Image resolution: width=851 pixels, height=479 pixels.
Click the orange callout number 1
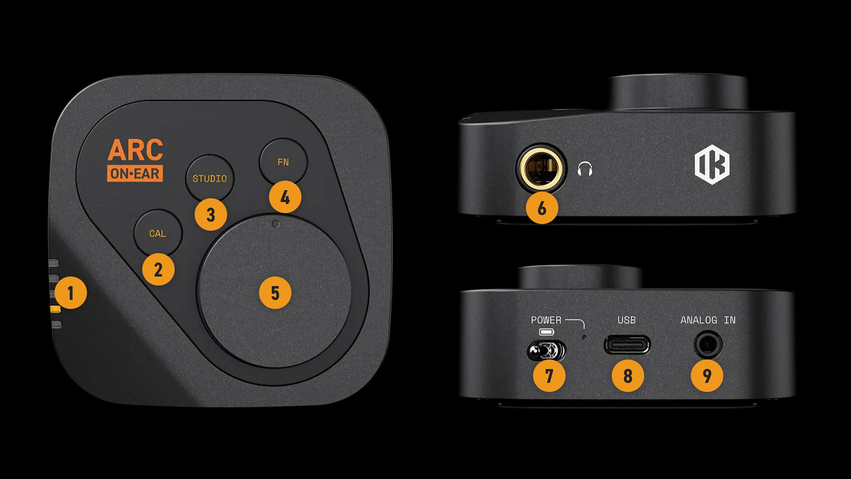(x=70, y=292)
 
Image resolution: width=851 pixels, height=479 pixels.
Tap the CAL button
(x=157, y=233)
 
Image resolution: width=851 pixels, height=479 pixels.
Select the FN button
(x=283, y=162)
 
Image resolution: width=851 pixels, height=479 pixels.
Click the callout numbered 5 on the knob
(x=275, y=292)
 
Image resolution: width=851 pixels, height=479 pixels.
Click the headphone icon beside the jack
(x=585, y=169)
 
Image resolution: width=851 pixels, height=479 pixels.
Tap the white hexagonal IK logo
(x=712, y=165)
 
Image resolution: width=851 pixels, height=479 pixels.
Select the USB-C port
(x=627, y=345)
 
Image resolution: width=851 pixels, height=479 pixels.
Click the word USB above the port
(x=627, y=320)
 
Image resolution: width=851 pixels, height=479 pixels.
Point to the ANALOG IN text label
(x=708, y=320)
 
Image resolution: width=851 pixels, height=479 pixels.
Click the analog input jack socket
(x=708, y=345)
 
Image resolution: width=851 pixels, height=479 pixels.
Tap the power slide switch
(x=546, y=351)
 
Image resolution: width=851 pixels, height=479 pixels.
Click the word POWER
(x=546, y=320)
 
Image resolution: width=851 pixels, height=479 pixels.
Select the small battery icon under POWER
(x=546, y=332)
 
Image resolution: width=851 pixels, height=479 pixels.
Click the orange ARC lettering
(x=135, y=151)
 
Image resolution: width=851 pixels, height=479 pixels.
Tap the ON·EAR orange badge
(x=135, y=174)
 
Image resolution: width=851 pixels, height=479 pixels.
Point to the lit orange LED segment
(x=55, y=309)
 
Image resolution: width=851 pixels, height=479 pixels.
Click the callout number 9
(x=707, y=376)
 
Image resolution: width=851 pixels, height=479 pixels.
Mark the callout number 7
(x=549, y=376)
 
